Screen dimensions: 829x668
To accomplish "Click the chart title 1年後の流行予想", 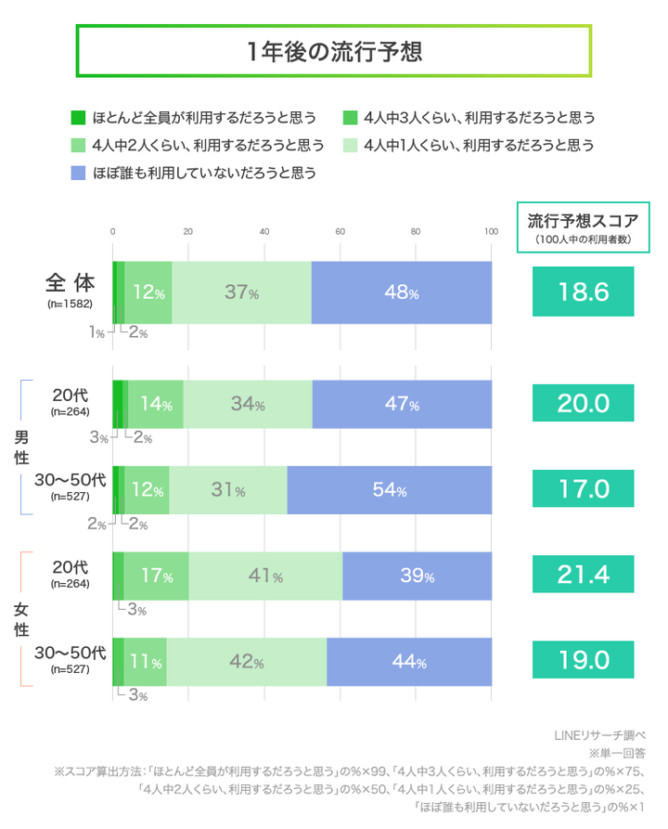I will [334, 51].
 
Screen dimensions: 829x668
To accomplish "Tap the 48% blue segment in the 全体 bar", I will [401, 292].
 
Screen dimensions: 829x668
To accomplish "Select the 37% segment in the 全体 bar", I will [241, 292].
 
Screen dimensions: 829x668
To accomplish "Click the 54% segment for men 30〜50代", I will [389, 490].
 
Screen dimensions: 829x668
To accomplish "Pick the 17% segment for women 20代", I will [156, 576].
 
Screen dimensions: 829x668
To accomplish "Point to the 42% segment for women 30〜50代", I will [246, 663].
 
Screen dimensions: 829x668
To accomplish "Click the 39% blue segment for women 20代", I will [417, 576].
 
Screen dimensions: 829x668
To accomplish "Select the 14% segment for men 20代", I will [155, 404].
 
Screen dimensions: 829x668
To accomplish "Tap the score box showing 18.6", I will [583, 292].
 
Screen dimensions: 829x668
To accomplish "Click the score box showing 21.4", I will [583, 576].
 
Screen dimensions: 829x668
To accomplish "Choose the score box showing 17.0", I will [583, 490].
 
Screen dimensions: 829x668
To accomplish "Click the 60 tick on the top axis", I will [340, 232].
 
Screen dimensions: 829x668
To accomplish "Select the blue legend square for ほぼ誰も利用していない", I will [78, 172].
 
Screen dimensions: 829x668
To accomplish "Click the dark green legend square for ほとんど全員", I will [78, 118].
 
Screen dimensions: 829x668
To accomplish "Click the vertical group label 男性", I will [20, 447].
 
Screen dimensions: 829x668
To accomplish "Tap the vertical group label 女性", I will [20, 619].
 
